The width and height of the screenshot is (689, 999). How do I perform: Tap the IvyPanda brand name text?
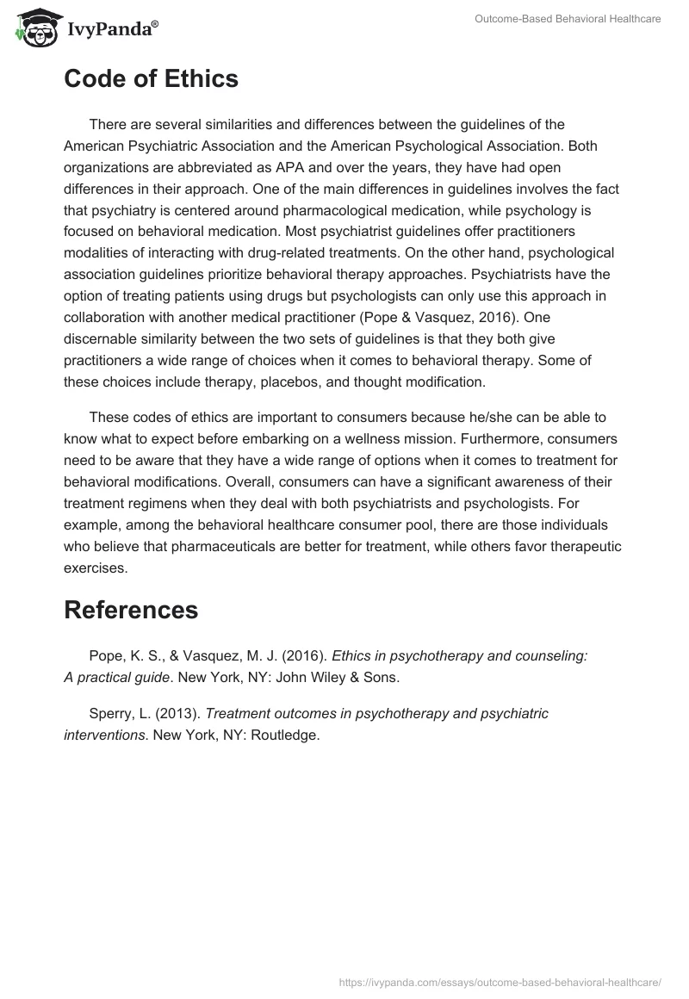(x=110, y=29)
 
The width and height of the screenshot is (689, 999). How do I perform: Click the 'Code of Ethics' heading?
(x=151, y=79)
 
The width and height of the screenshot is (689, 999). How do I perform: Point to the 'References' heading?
(x=131, y=610)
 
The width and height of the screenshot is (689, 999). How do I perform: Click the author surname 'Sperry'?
(x=109, y=713)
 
